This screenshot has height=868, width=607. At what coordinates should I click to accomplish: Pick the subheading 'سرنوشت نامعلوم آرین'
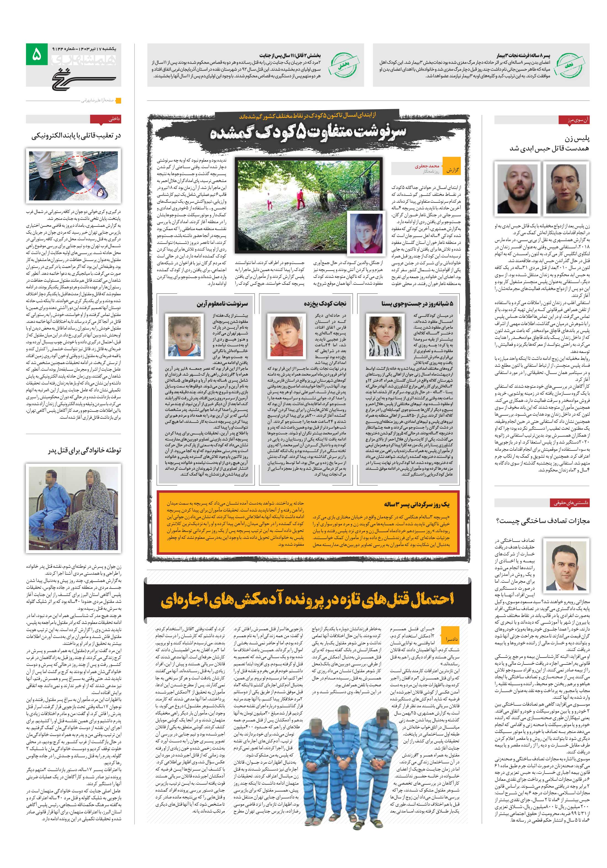pyautogui.click(x=222, y=303)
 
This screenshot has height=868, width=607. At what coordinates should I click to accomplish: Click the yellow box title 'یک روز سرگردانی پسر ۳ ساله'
pyautogui.click(x=417, y=504)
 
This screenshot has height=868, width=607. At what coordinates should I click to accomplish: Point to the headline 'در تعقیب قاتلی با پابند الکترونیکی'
pyautogui.click(x=76, y=136)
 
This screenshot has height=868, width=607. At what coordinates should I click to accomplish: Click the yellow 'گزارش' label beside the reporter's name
pyautogui.click(x=452, y=170)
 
